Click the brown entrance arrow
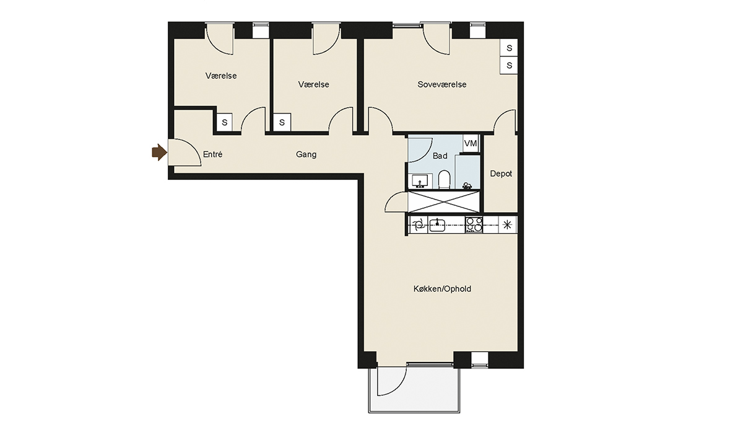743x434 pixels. point(159,153)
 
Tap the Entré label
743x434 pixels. point(212,154)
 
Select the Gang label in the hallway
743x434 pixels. point(306,154)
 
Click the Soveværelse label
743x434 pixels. point(442,84)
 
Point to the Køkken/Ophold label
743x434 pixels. point(442,289)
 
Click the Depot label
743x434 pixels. point(501,174)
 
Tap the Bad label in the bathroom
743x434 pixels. point(440,156)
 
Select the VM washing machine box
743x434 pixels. point(471,143)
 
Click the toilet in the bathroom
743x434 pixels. point(444,180)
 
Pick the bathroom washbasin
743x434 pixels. point(420,181)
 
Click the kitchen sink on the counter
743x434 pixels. point(437,226)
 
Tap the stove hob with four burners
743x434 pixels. point(474,225)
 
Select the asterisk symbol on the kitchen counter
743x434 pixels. point(507,225)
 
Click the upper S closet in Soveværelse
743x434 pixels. point(509,48)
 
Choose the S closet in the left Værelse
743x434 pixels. point(225,123)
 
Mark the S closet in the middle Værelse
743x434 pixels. point(282,123)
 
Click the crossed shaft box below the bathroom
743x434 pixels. point(444,202)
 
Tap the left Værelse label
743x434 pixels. point(221,76)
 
